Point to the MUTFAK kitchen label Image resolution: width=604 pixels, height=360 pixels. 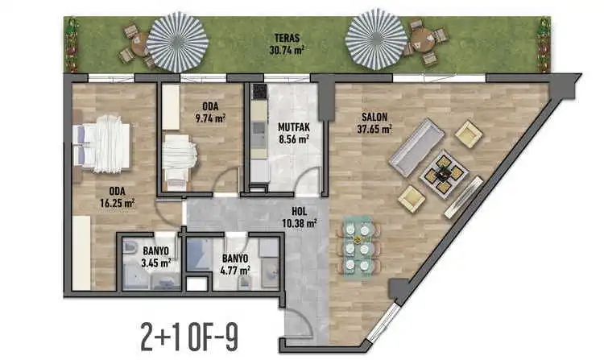[294, 126]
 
